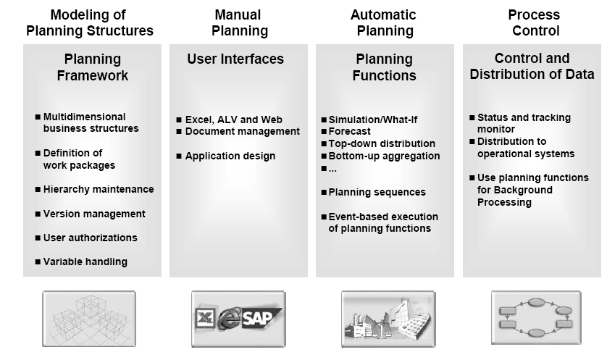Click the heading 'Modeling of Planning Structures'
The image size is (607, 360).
(90, 22)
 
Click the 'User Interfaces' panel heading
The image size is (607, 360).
(235, 59)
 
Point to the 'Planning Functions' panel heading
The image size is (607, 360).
(384, 67)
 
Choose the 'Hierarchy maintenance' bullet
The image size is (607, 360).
(99, 189)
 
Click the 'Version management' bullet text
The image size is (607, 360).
(94, 214)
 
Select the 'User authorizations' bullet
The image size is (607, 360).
(90, 238)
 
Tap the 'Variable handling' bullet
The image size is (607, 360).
(85, 261)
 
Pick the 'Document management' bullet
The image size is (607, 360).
(242, 132)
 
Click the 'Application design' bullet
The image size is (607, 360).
(230, 156)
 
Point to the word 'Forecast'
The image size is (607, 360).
(349, 132)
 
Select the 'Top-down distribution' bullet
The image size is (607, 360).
(382, 143)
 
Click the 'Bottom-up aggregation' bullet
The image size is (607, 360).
(384, 156)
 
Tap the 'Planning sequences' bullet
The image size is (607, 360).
(377, 192)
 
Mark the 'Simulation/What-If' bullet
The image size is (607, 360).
(373, 120)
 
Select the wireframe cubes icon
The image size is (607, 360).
(89, 317)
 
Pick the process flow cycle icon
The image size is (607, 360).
(535, 314)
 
